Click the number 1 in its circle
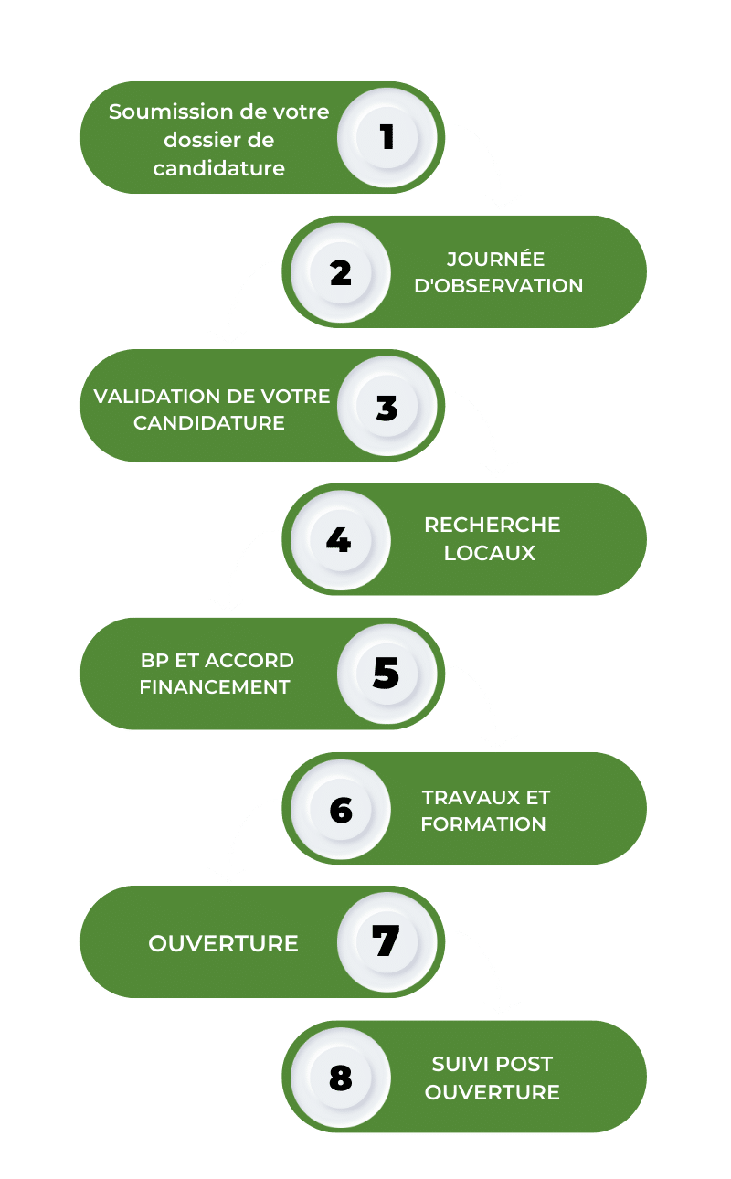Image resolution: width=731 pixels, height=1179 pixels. coord(387,137)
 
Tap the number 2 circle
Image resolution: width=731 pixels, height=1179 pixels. coord(341,272)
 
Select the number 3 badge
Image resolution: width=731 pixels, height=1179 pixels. coord(387,406)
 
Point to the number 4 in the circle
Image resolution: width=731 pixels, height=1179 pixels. coord(338,539)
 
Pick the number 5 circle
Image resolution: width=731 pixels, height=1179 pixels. coord(387,674)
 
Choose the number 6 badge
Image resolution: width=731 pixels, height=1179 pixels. coord(341,809)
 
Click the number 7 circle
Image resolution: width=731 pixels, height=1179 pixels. coord(387,942)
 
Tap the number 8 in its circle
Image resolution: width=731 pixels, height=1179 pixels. coord(341,1078)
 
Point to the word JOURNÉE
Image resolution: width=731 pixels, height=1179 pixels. coord(495,259)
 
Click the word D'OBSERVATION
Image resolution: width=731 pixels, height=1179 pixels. coord(498,286)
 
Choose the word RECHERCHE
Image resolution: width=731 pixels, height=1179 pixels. coord(493,525)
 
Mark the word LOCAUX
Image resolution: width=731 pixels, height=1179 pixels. coord(490,553)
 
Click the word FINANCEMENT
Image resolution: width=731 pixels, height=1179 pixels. coord(215,687)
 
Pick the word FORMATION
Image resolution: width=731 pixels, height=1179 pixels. coord(483,823)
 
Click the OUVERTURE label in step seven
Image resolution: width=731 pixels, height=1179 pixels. coord(223,944)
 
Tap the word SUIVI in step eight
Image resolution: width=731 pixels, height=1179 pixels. coord(458,1064)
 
